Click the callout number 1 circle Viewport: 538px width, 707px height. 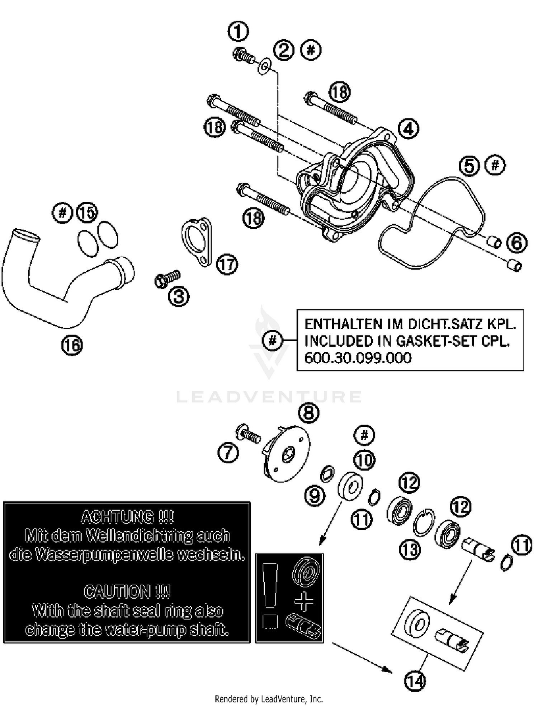point(238,32)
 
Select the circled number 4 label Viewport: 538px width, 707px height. point(409,128)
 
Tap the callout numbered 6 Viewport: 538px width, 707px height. point(516,243)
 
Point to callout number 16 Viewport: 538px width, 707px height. point(72,345)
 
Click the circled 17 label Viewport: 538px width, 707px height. point(227,265)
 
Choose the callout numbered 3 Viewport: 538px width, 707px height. point(179,297)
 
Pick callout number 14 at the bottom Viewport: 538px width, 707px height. point(415,681)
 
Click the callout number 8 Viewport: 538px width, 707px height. point(308,413)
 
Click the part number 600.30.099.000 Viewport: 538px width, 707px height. point(358,358)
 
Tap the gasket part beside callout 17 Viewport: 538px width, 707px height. point(197,242)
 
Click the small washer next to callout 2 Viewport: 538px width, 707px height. point(265,66)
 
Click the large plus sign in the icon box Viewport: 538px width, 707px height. point(303,601)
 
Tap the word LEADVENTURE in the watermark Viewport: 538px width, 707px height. point(269,397)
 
